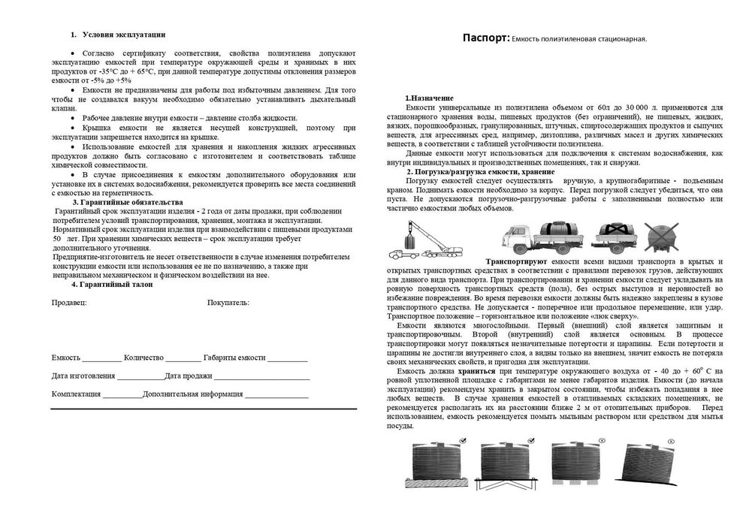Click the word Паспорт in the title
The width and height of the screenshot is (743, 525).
point(485,38)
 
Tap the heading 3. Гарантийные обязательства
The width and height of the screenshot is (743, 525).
point(127,203)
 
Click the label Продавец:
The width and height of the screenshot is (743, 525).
point(69,303)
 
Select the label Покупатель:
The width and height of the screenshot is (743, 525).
point(228,303)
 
